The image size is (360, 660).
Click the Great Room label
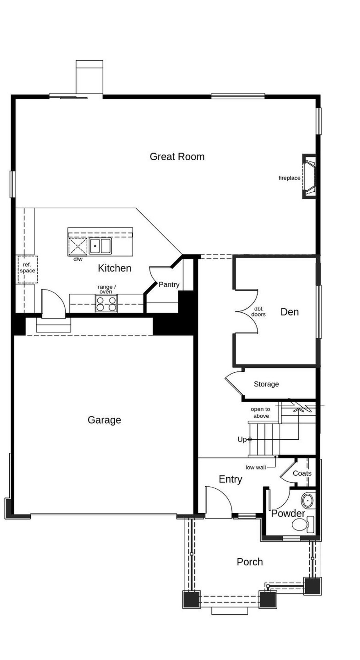pyautogui.click(x=177, y=157)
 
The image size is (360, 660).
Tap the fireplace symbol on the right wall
pyautogui.click(x=309, y=176)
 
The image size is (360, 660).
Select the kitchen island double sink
pyautogui.click(x=100, y=246)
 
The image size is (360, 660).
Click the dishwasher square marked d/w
pyautogui.click(x=78, y=246)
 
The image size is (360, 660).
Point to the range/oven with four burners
pyautogui.click(x=106, y=304)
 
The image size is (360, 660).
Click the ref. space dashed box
pyautogui.click(x=28, y=269)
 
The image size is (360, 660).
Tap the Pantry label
pyautogui.click(x=169, y=285)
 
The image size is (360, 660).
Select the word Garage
pyautogui.click(x=104, y=420)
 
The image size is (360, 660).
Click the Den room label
pyautogui.click(x=289, y=312)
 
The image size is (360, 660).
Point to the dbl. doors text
pyautogui.click(x=258, y=312)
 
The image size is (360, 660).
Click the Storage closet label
pyautogui.click(x=266, y=384)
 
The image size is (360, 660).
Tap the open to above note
pyautogui.click(x=261, y=413)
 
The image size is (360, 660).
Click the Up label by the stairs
pyautogui.click(x=242, y=439)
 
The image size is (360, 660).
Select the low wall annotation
pyautogui.click(x=255, y=467)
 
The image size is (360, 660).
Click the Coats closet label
pyautogui.click(x=302, y=473)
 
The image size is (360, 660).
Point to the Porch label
pyautogui.click(x=250, y=562)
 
